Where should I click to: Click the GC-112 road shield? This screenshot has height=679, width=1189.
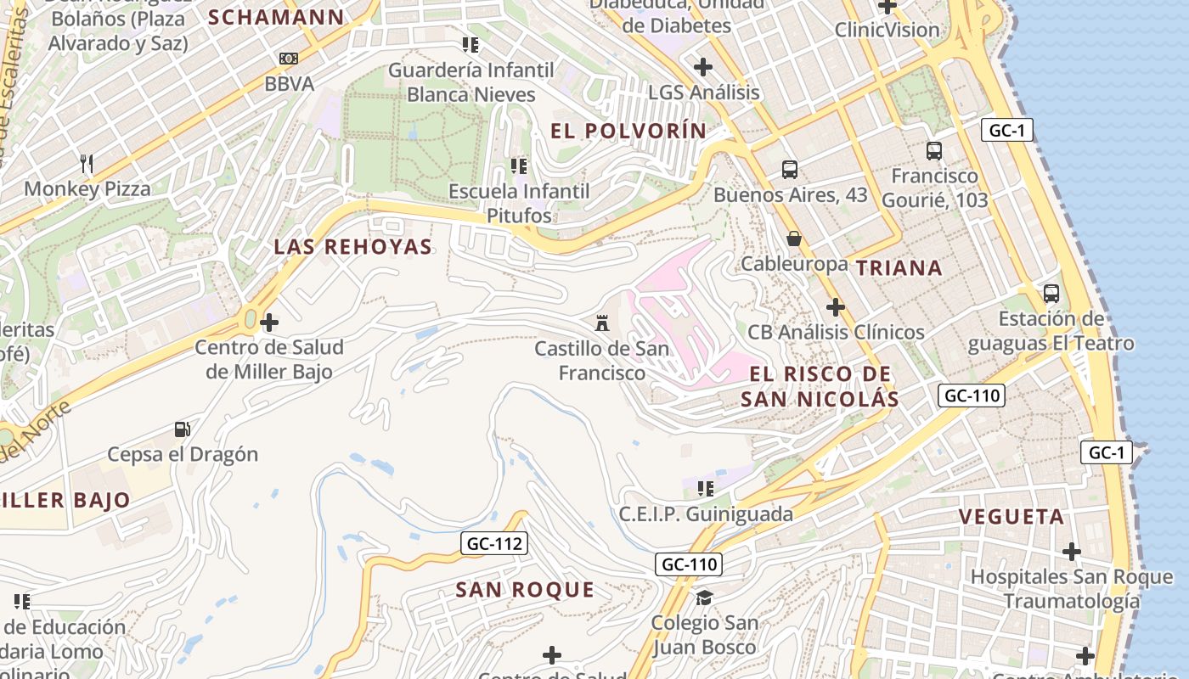coord(494,544)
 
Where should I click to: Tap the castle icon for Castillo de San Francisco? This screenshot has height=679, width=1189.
coord(602,323)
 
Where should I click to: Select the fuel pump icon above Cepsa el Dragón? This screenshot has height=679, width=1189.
coord(182,429)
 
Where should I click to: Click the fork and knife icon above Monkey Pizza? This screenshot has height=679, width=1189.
coord(86,163)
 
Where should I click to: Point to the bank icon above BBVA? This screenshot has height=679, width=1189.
coord(289,59)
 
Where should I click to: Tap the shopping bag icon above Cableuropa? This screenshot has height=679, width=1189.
coord(794,238)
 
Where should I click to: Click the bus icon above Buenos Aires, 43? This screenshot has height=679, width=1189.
coord(790,170)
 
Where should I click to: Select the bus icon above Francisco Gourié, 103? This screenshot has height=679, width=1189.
coord(934,151)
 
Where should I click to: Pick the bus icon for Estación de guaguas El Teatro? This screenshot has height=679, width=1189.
coord(1051,294)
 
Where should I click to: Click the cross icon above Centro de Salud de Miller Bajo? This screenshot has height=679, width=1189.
coord(269,323)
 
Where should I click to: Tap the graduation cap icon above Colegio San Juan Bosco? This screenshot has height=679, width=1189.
coord(704,598)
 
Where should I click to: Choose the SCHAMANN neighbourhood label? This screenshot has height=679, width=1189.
coord(276,17)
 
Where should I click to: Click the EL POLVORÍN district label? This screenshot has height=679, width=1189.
coord(628,131)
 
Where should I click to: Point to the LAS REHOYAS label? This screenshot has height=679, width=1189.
coord(352,247)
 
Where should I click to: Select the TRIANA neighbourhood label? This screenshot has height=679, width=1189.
coord(899,268)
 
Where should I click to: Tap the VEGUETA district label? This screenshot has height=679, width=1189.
coord(1011,517)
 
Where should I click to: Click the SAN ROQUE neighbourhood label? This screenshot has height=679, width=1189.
coord(525,590)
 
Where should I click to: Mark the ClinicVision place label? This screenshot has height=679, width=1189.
coord(887,30)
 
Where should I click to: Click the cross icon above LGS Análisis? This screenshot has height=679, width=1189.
coord(703,66)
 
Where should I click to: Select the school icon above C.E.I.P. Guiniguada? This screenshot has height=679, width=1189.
coord(705,488)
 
